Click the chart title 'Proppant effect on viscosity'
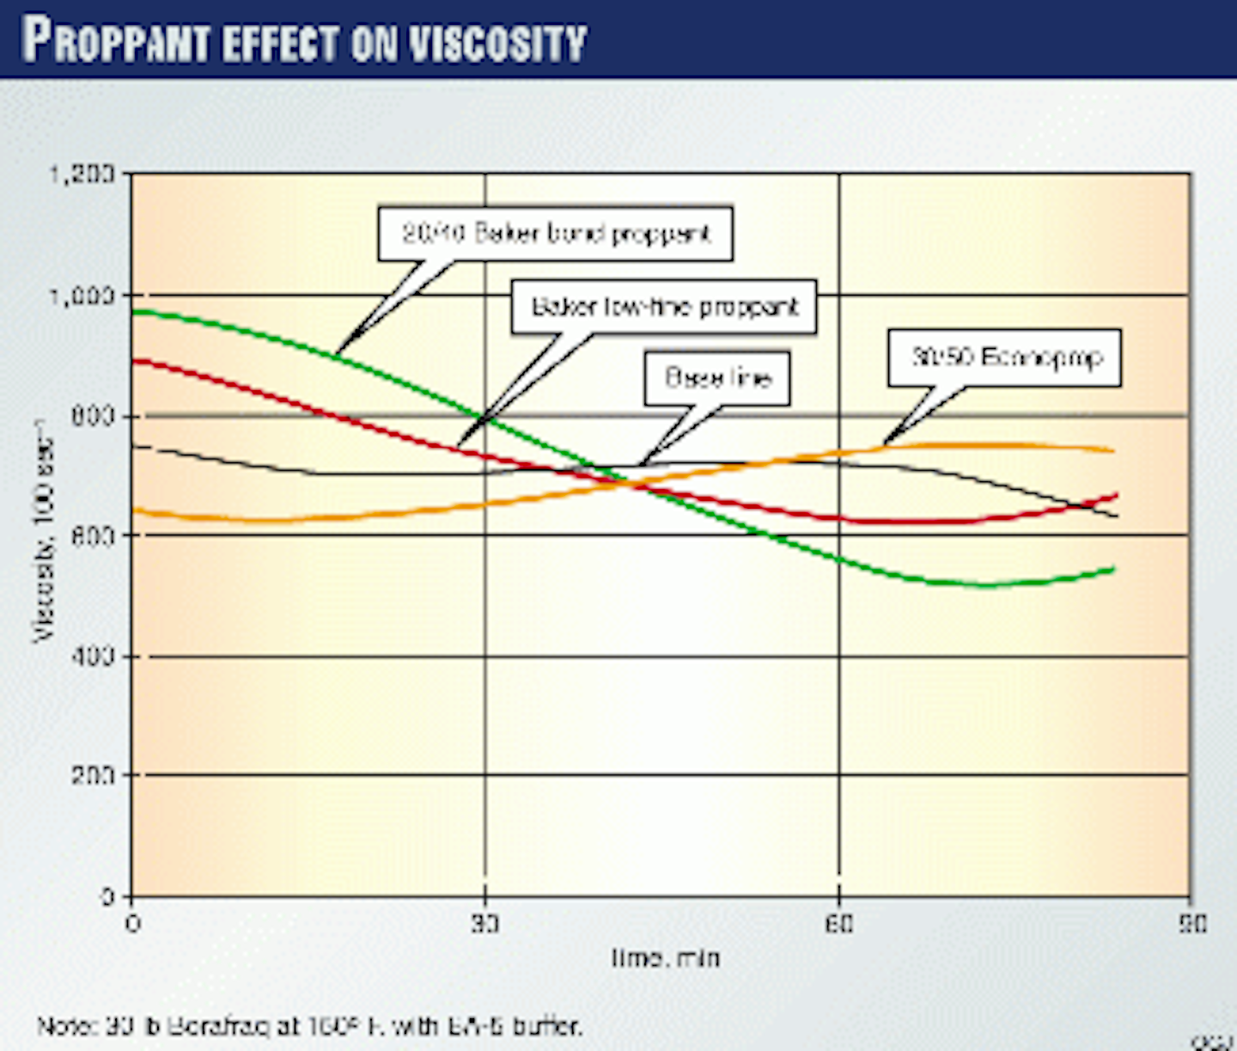305,40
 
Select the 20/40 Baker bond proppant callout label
556,233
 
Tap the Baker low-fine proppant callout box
664,307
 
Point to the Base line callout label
717,378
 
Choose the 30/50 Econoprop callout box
1004,357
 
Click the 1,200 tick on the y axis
82,174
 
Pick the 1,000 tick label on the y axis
82,296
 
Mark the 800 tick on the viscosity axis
93,417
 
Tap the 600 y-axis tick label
93,535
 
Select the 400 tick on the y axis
93,657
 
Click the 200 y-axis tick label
93,775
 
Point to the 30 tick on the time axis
485,924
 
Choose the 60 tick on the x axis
839,924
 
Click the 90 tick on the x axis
1191,924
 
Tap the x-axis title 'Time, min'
666,957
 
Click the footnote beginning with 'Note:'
309,1025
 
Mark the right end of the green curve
1113,569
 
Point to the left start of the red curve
135,361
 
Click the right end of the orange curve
1113,450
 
